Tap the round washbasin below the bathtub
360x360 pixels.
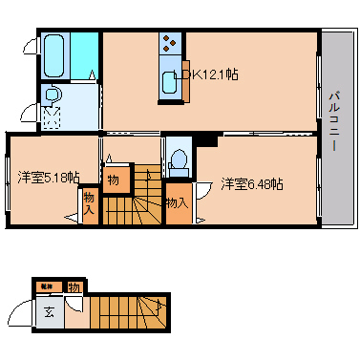pos(53,95)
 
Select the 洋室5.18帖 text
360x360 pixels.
pos(48,177)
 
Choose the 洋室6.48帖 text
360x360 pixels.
pos(251,183)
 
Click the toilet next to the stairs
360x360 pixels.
pos(178,159)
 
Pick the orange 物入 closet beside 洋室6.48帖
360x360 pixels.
pos(177,202)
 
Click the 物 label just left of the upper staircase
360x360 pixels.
pos(113,180)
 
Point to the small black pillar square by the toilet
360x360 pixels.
pos(202,141)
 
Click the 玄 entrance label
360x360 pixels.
pos(49,310)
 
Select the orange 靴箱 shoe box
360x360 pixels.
pos(45,286)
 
